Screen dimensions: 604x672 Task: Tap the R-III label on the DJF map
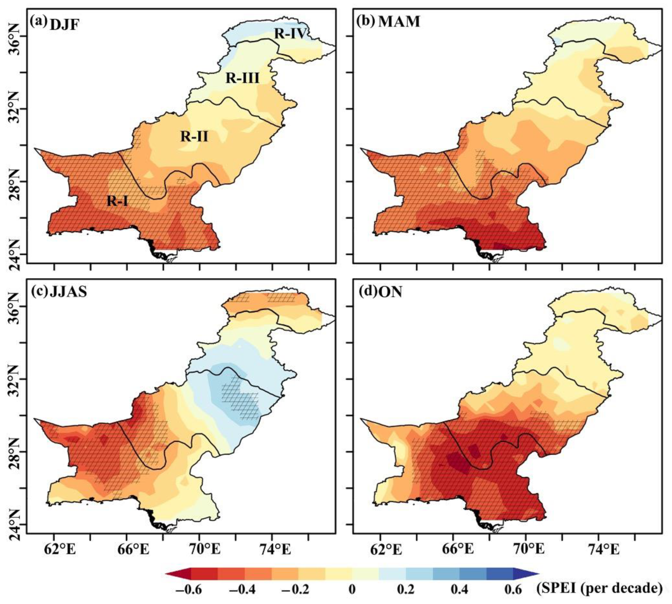242,79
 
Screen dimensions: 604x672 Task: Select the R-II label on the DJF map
194,136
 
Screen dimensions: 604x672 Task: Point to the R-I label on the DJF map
117,201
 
